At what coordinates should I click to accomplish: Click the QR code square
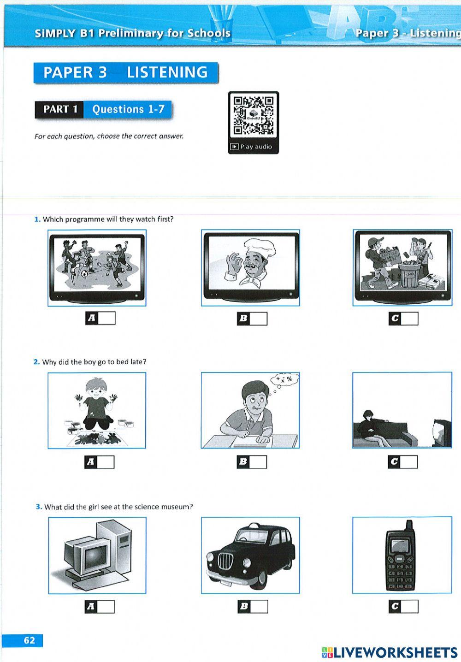254,116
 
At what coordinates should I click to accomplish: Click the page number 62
29,640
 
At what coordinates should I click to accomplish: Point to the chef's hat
260,247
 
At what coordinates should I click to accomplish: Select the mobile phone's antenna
409,525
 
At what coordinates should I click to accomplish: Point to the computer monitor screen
95,557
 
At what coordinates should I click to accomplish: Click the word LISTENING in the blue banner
167,72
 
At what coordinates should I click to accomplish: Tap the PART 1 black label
59,109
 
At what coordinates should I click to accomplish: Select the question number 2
36,362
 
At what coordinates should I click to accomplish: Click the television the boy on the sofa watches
442,432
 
